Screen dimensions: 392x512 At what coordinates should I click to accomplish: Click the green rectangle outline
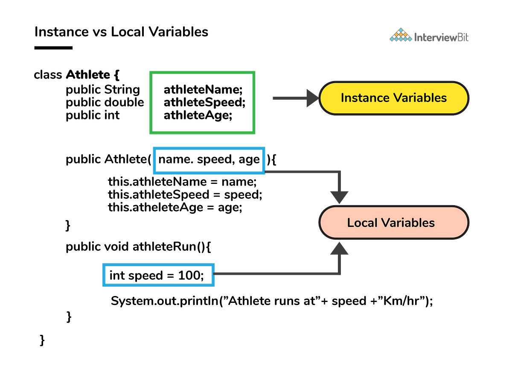pos(202,73)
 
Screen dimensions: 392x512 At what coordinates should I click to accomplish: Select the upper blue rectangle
pos(209,148)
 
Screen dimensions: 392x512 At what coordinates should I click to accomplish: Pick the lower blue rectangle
pos(158,265)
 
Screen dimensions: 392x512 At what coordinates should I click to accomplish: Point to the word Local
pos(362,223)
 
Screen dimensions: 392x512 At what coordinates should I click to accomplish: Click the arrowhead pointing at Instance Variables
pos(313,98)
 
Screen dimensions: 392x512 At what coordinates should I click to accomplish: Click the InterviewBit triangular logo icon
pos(401,35)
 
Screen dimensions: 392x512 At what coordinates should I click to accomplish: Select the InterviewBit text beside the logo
pos(441,38)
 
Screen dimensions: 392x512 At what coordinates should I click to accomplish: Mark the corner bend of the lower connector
pos(340,273)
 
